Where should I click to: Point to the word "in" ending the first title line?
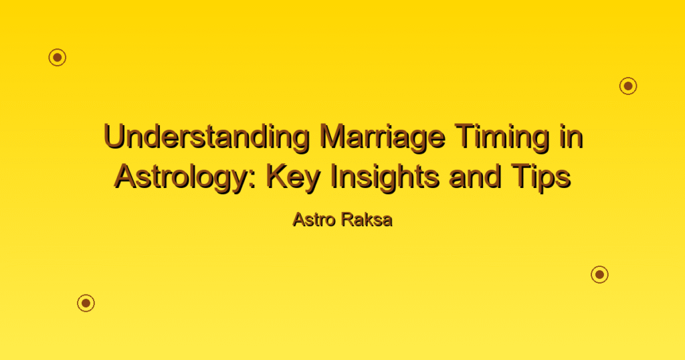click(571, 137)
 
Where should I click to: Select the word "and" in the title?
click(474, 177)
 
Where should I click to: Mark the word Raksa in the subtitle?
click(367, 219)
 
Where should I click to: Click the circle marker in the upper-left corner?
click(58, 58)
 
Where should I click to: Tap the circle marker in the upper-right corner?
click(628, 86)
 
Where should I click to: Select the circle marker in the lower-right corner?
click(600, 274)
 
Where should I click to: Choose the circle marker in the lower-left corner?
click(86, 302)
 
